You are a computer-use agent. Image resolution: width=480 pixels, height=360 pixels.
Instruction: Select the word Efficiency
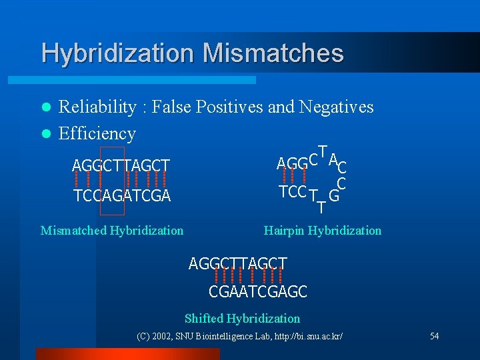pos(97,133)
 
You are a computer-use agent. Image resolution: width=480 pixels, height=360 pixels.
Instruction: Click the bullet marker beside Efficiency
pos(45,134)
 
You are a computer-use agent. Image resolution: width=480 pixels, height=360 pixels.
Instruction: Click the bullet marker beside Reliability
pos(45,107)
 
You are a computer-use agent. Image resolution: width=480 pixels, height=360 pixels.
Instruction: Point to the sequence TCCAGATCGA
pos(122,196)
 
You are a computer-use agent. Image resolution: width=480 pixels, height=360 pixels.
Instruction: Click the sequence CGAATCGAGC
pos(258,292)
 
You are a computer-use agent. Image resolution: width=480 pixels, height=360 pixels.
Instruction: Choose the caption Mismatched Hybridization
pos(112,231)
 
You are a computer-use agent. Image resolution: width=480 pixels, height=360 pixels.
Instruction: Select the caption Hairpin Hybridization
pos(323,231)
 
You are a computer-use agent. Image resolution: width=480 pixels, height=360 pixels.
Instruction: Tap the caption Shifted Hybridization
pos(242,319)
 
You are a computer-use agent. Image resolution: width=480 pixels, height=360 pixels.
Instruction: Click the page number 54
pos(434,336)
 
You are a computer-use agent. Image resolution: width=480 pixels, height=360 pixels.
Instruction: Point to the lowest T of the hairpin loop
pos(321,209)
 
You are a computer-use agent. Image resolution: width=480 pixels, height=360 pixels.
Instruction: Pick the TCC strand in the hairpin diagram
pos(292,192)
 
